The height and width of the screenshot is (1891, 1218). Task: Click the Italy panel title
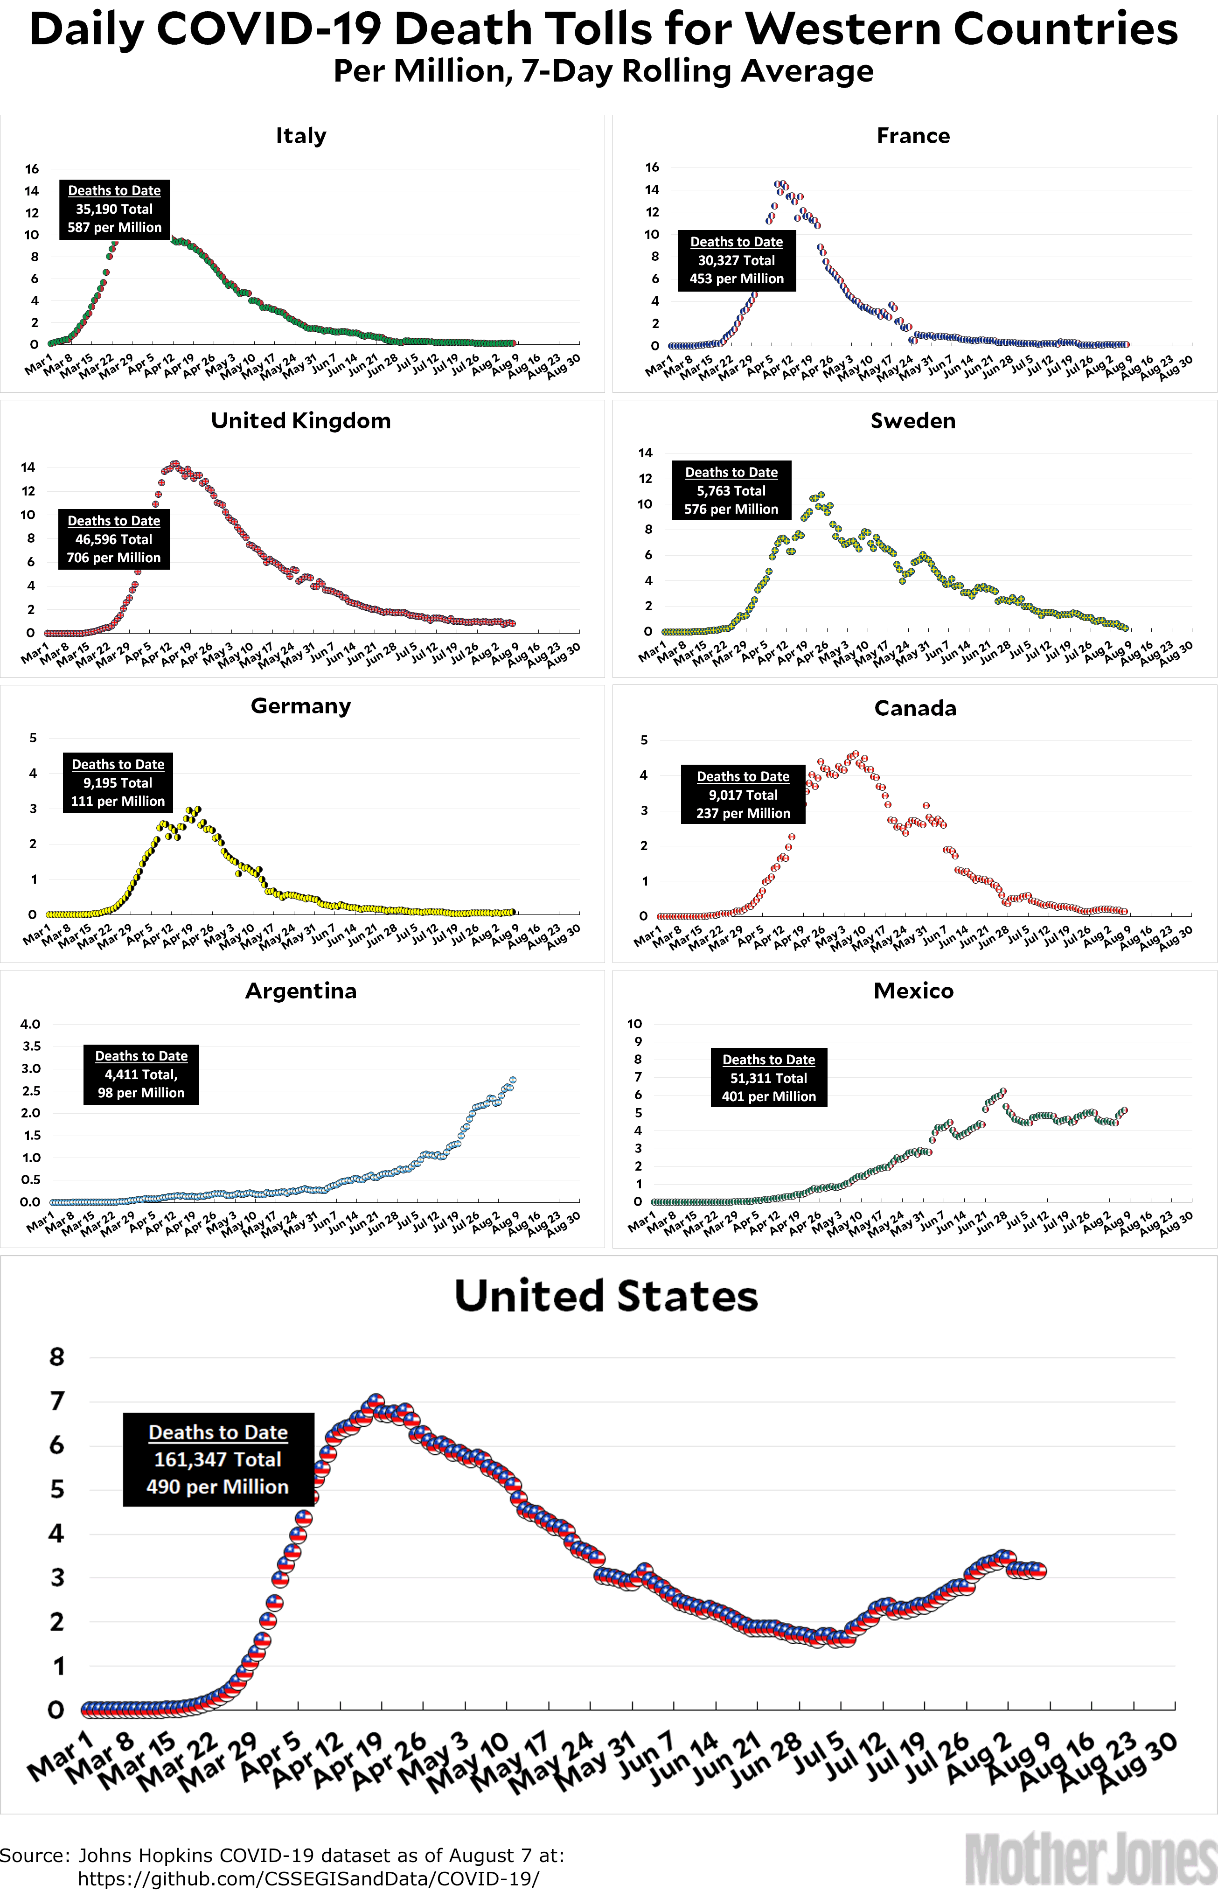[300, 136]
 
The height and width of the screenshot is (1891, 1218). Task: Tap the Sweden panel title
[913, 421]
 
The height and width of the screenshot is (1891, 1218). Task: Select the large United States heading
[606, 1297]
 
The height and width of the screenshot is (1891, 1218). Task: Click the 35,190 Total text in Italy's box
[114, 209]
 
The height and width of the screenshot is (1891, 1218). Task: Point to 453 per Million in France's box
[736, 279]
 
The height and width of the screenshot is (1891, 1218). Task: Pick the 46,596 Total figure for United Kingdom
[114, 539]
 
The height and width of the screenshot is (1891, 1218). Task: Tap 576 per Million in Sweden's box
[731, 509]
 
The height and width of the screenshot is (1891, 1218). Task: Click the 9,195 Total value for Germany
[118, 783]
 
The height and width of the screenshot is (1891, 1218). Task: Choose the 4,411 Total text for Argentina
[141, 1074]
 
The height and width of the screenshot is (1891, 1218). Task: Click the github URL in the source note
[308, 1878]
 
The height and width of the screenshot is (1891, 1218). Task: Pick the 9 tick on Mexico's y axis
[638, 1041]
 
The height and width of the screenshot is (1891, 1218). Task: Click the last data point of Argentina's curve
[513, 1080]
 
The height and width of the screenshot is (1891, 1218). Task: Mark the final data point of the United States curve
[1037, 1570]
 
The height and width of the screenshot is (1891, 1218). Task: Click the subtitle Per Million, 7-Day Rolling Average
[604, 71]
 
